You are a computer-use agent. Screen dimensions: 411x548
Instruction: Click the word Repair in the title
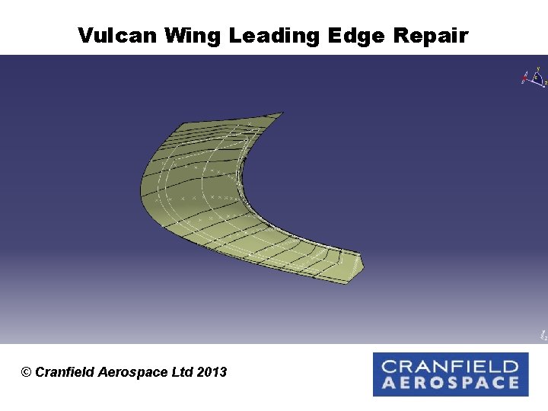[430, 35]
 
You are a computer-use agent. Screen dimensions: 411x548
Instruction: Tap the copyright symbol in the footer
[27, 372]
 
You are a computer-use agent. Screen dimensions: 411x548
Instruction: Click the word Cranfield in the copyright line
[65, 372]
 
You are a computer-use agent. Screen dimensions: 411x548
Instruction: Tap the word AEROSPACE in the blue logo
[450, 383]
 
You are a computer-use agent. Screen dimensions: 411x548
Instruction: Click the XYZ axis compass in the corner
[534, 78]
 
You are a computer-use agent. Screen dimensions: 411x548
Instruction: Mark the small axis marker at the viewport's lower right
[542, 334]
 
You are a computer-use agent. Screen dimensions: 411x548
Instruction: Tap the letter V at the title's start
[85, 35]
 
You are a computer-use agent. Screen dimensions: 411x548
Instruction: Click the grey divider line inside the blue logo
[450, 374]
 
